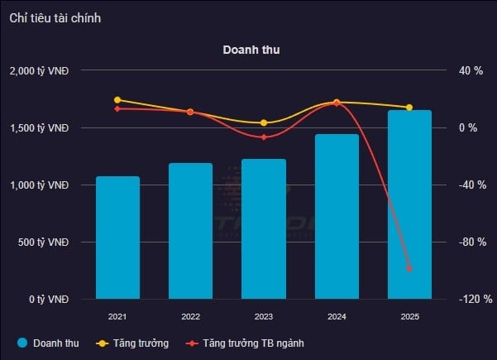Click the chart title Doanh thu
tap(251, 50)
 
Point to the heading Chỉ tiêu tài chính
tap(55, 17)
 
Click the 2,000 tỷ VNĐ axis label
tap(39, 71)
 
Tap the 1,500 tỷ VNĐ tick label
tap(39, 128)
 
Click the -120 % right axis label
tap(475, 300)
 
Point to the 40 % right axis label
tap(471, 71)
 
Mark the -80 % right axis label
tap(472, 242)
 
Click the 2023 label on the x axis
tap(264, 317)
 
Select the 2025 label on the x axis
tap(409, 317)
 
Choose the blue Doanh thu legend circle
tap(22, 343)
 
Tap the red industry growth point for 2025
tap(409, 268)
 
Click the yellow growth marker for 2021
tap(117, 100)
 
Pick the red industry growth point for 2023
tap(264, 137)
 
